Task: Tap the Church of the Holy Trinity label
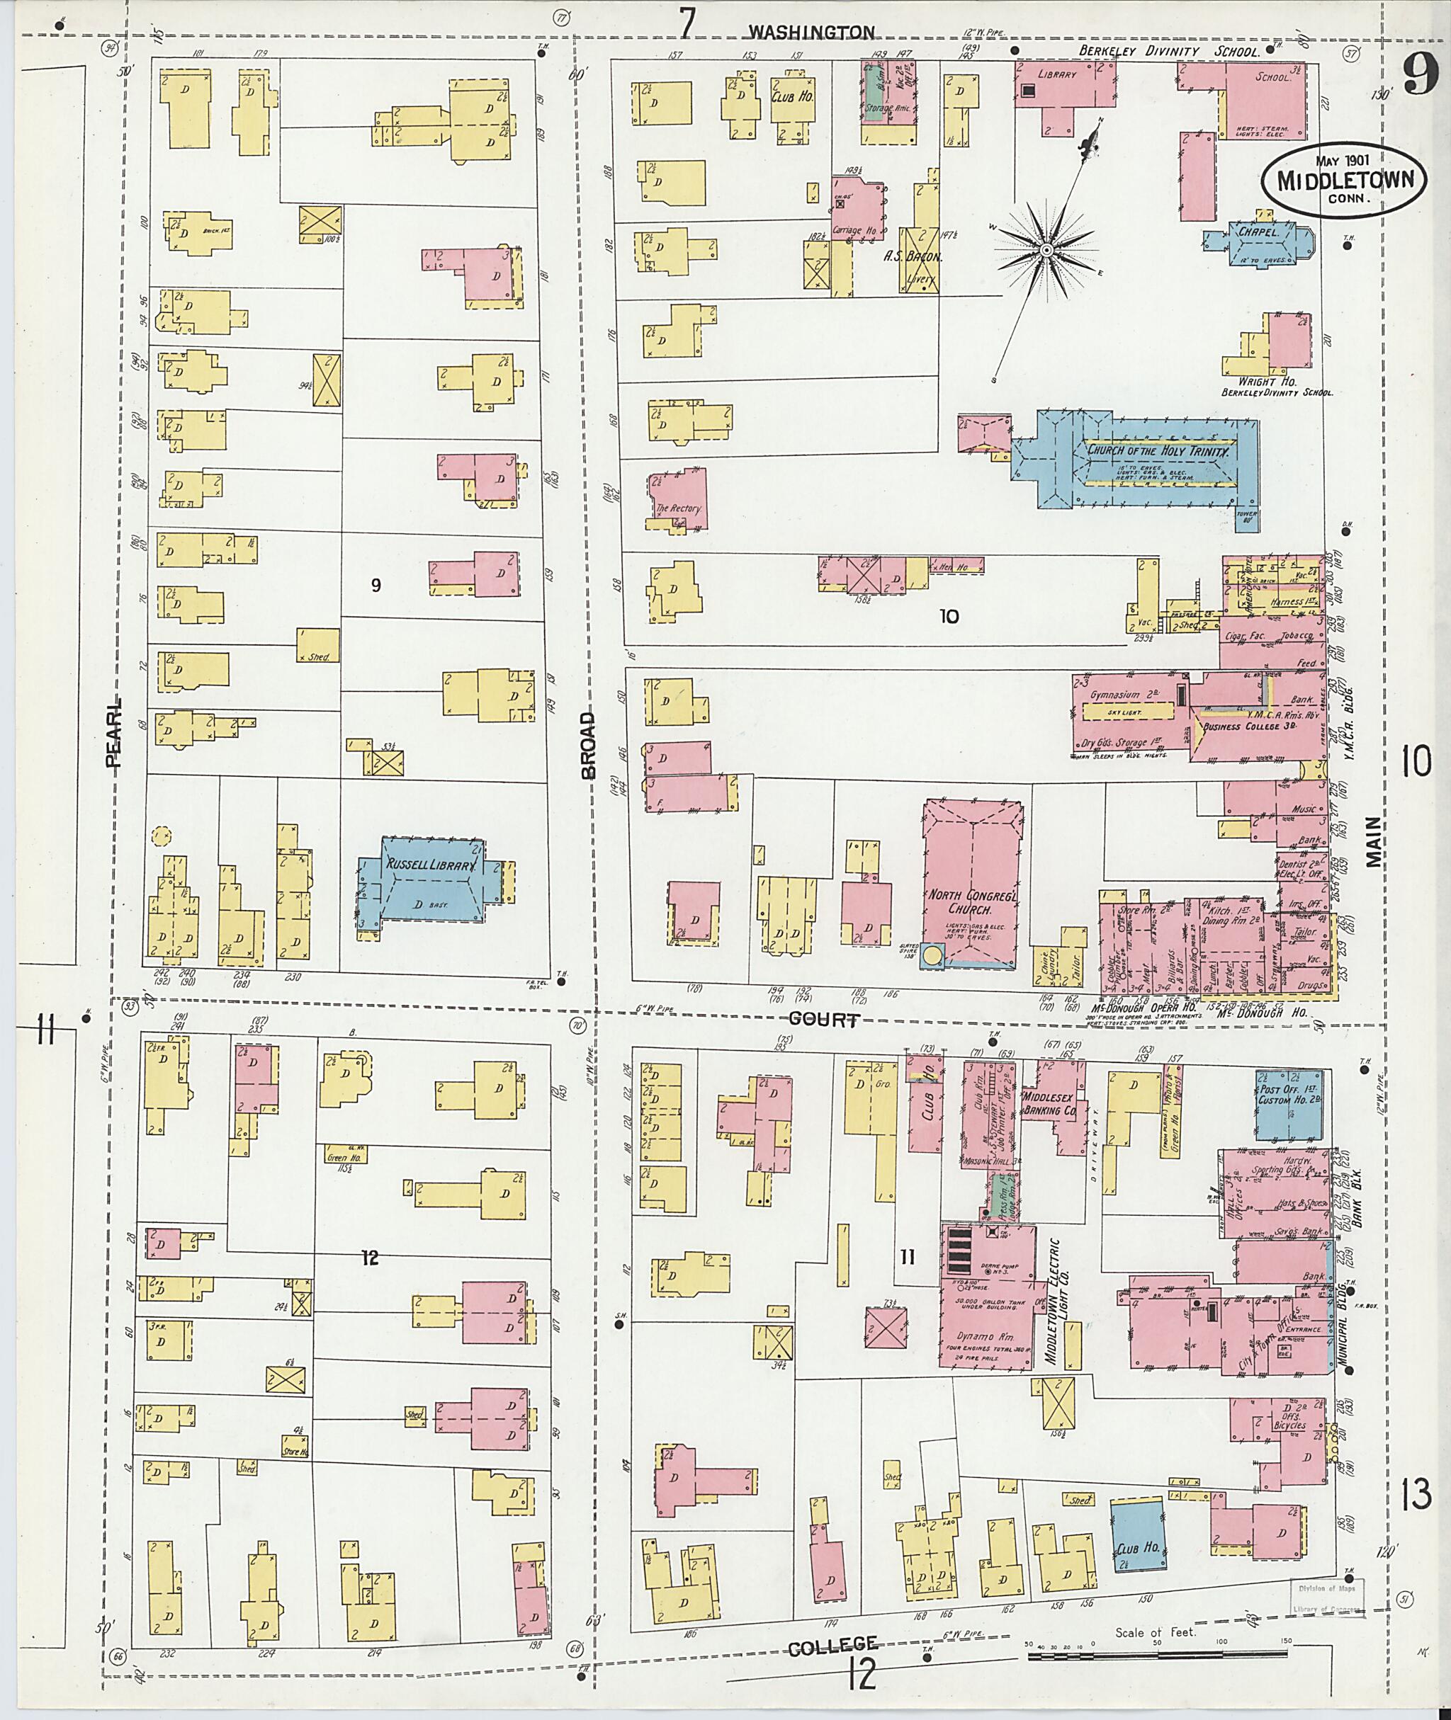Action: (1159, 451)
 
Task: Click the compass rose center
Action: (1046, 249)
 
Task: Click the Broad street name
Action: (587, 745)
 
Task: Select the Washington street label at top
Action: (811, 32)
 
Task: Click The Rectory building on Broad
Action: (678, 500)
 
